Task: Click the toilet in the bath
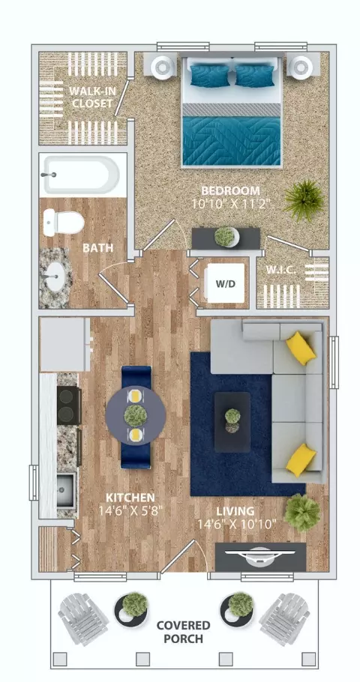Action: coord(64,223)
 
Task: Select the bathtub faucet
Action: coord(49,175)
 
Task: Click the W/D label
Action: coord(226,284)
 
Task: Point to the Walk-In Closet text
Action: coord(91,97)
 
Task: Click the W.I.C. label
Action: coord(281,270)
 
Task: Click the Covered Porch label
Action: coord(183,633)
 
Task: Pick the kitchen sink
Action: coord(66,489)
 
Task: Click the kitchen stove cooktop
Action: coord(68,405)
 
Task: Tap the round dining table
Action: coord(136,414)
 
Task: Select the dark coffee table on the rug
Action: coord(232,422)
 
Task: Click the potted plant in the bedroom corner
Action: coord(304,201)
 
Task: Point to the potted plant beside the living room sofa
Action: coord(301,513)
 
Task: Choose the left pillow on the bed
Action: coord(210,76)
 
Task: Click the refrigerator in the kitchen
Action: coord(64,344)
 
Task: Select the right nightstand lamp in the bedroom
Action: coord(300,66)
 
